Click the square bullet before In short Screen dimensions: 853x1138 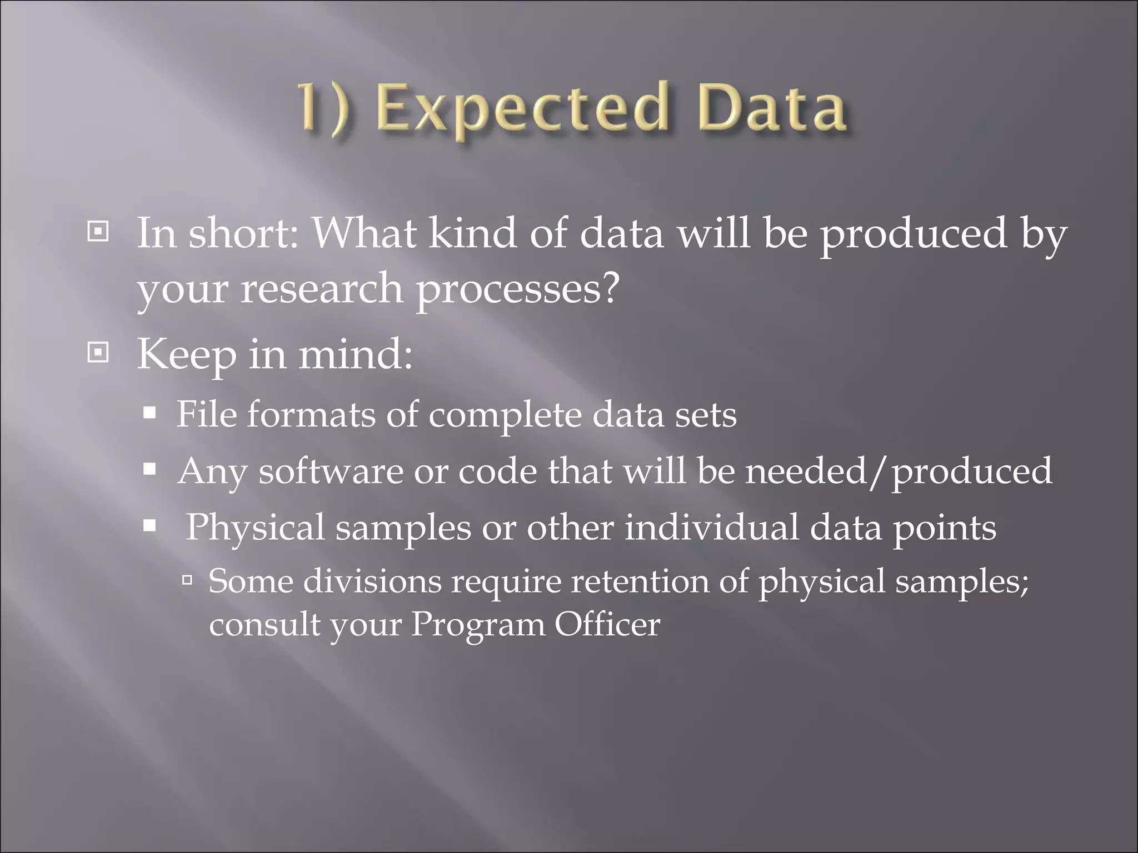(98, 232)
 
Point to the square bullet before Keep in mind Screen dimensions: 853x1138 (98, 352)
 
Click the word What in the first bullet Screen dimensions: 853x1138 (364, 233)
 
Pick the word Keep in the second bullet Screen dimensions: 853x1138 (186, 354)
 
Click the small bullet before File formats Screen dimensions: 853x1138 (149, 414)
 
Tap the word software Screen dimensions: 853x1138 (331, 471)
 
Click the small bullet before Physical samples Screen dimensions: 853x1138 (149, 525)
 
